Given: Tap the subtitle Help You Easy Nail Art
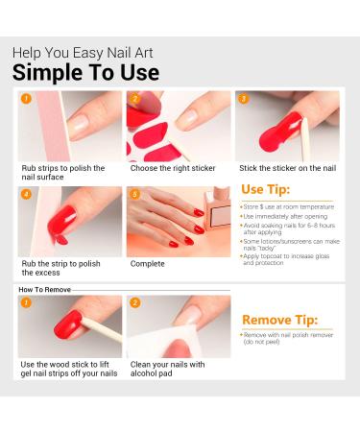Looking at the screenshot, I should click(82, 52).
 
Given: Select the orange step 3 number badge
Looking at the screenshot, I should click(243, 99).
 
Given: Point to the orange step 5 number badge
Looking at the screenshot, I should click(134, 194).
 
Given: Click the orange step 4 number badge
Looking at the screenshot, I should click(26, 194).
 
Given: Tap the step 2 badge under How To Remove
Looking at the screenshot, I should click(134, 302).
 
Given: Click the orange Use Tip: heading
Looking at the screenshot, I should click(266, 188).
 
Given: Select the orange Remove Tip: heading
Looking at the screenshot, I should click(280, 320).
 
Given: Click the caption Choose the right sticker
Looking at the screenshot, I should click(174, 168).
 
